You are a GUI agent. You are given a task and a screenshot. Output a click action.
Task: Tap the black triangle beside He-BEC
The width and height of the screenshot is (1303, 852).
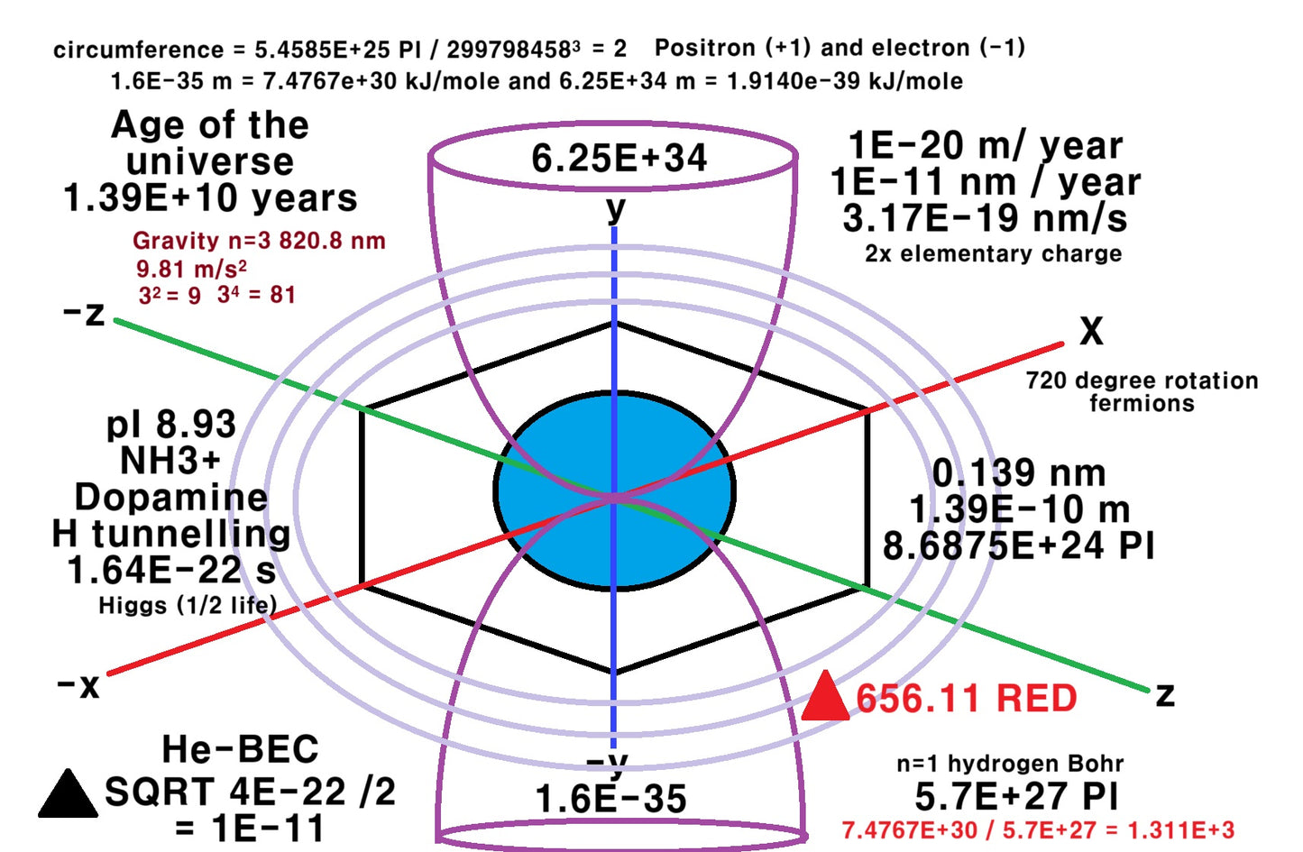coord(68,797)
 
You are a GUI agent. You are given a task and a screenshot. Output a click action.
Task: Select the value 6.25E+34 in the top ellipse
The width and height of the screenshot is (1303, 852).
coord(619,159)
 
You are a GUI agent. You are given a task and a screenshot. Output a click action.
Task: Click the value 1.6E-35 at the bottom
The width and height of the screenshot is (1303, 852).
coord(610,799)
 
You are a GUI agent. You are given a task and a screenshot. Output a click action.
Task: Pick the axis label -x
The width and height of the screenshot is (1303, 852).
coord(78,685)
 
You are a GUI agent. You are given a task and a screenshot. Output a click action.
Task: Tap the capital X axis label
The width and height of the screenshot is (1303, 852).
coord(1091,332)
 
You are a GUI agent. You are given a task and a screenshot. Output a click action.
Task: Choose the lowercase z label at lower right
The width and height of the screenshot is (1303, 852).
coord(1165,694)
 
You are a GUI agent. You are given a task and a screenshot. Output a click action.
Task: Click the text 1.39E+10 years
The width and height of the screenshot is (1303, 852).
coord(210,198)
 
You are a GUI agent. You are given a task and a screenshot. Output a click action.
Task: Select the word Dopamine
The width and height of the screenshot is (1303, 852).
coord(171,498)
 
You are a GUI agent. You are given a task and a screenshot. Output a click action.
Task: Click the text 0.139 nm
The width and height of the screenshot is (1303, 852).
coord(1018,473)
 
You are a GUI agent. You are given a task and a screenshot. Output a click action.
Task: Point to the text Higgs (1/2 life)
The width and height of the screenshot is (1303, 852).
coord(188,605)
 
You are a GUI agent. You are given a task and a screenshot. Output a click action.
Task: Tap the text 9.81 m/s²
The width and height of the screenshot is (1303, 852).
coord(191,269)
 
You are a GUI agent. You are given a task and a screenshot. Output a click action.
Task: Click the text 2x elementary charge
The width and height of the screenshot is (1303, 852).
coord(993,253)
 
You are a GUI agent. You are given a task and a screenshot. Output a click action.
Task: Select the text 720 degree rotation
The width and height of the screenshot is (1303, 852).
coord(1142,380)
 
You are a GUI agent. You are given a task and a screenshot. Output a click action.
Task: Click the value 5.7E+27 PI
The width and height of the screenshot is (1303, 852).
coord(1016,797)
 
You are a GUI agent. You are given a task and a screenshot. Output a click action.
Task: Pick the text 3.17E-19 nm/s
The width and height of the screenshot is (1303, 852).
coord(985,218)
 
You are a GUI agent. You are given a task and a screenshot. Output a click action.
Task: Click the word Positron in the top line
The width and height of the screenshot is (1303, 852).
coord(705,48)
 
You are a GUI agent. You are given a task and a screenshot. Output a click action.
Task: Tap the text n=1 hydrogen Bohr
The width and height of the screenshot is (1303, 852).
coord(1010,764)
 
